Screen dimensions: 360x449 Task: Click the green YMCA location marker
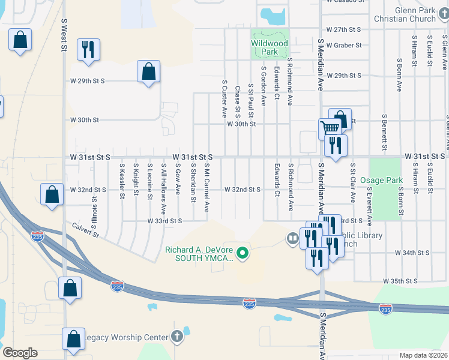click(243, 254)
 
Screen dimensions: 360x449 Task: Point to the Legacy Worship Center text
click(125, 337)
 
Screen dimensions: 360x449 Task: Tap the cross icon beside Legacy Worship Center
click(176, 337)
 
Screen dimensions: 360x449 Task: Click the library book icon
click(292, 239)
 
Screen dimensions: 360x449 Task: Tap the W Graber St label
click(344, 45)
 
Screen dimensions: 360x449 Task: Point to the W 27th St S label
click(343, 29)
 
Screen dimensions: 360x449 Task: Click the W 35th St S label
click(401, 280)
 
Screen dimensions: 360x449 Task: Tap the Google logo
click(20, 353)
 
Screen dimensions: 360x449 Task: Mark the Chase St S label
click(238, 101)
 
